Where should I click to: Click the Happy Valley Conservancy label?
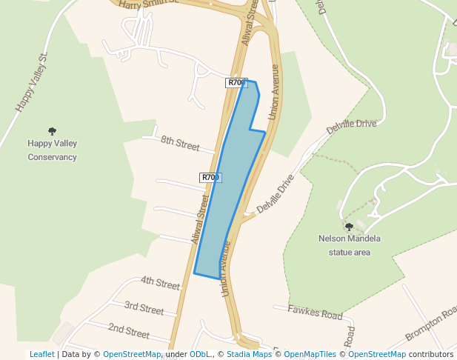(52, 150)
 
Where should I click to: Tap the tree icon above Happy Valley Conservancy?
(52, 131)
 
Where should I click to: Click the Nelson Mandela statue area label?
(349, 245)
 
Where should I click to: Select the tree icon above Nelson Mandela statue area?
(349, 227)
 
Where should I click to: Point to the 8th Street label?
(181, 143)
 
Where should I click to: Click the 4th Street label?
(160, 283)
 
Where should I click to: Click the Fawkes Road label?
(315, 314)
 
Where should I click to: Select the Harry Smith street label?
(148, 4)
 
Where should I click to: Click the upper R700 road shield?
(236, 83)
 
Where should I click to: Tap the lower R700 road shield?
(210, 178)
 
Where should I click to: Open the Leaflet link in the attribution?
(41, 354)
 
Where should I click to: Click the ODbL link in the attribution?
(201, 354)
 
